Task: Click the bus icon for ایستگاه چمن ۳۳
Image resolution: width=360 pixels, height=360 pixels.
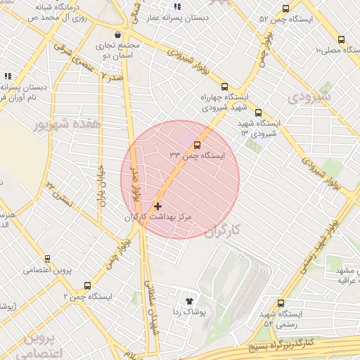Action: click(x=196, y=145)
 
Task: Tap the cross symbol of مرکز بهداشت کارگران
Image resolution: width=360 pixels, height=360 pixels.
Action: click(x=157, y=207)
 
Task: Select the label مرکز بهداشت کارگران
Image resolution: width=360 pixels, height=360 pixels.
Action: click(x=157, y=218)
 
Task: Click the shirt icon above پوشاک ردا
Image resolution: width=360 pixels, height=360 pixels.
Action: click(x=189, y=300)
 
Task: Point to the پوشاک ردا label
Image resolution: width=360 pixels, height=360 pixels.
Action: click(x=188, y=311)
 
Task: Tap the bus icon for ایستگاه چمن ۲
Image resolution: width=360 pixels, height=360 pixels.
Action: click(x=87, y=285)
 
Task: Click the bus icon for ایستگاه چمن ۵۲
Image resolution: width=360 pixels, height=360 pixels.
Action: click(x=285, y=8)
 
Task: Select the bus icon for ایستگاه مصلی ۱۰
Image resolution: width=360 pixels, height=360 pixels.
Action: click(x=341, y=40)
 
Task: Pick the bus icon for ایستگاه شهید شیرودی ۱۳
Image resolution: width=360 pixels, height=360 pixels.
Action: click(x=258, y=112)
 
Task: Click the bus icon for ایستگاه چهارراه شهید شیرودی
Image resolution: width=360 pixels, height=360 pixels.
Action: click(x=224, y=86)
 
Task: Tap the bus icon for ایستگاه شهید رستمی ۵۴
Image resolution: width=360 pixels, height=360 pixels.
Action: click(x=281, y=302)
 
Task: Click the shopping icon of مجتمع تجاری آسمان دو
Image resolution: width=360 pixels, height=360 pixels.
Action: click(x=116, y=35)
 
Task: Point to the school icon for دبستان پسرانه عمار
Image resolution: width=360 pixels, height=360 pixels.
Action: click(x=177, y=7)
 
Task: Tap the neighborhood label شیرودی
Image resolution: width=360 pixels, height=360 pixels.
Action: click(x=309, y=95)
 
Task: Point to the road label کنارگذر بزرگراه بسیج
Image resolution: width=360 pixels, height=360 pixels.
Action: click(x=281, y=345)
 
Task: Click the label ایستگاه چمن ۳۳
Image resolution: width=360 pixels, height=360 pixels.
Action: click(x=196, y=155)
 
